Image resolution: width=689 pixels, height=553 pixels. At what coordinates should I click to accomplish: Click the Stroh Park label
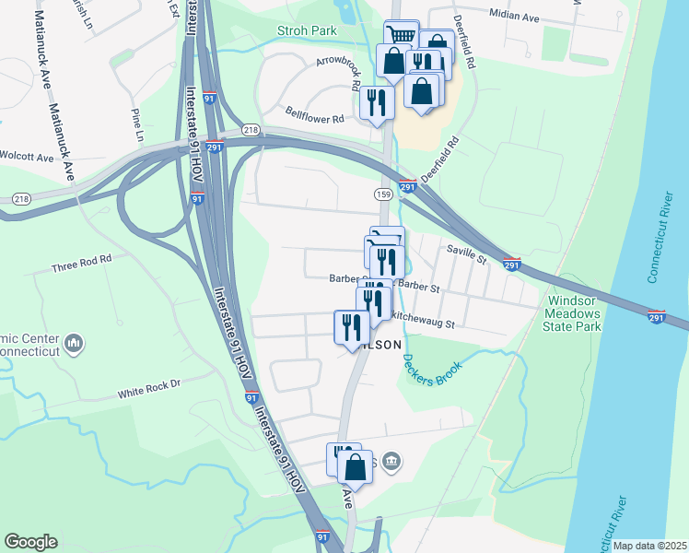pyautogui.click(x=307, y=30)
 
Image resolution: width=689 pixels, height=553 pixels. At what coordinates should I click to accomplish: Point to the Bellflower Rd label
pyautogui.click(x=314, y=119)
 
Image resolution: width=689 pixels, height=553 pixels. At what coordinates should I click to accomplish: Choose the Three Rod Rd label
pyautogui.click(x=81, y=261)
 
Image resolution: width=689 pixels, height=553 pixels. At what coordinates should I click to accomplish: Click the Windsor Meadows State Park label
pyautogui.click(x=574, y=313)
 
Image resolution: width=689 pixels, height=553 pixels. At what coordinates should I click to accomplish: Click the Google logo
pyautogui.click(x=30, y=542)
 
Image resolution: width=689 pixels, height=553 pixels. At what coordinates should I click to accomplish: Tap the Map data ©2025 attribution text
pyautogui.click(x=649, y=546)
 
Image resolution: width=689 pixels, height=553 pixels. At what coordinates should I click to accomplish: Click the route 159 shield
pyautogui.click(x=384, y=194)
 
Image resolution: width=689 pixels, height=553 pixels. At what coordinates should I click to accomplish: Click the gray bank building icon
pyautogui.click(x=391, y=460)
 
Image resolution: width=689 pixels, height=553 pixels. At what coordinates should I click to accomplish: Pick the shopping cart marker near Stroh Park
pyautogui.click(x=401, y=35)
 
